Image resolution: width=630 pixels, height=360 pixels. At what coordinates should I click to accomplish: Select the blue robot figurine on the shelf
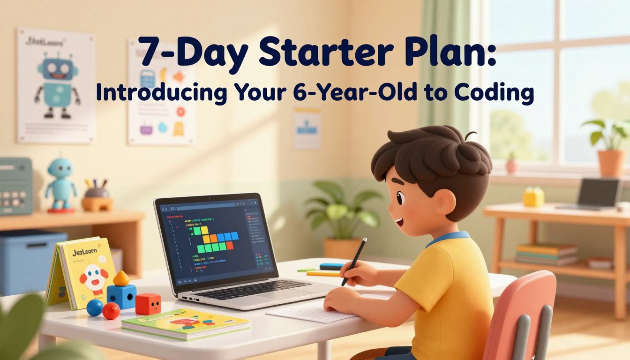60,183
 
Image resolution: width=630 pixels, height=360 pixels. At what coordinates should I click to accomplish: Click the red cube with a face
148,304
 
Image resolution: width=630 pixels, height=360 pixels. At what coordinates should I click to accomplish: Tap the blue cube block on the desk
121,295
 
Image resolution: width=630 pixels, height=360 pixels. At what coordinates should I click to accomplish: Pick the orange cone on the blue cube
121,278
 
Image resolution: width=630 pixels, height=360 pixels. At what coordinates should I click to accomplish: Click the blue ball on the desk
95,307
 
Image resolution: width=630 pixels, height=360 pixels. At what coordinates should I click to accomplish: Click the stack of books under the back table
547,254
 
